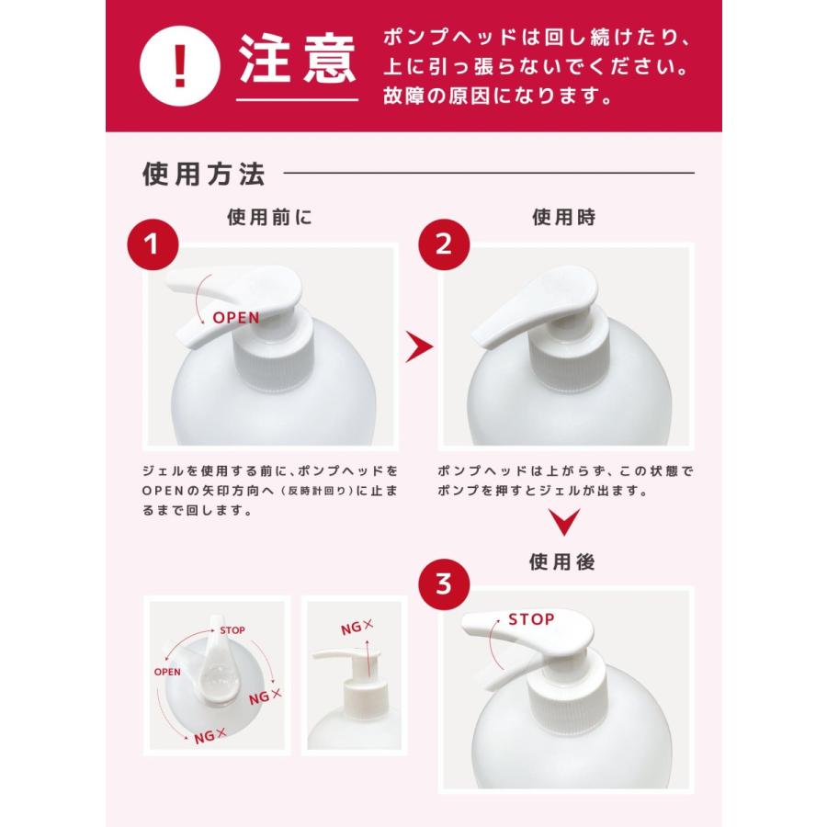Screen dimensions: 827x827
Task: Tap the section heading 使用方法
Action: tap(203, 174)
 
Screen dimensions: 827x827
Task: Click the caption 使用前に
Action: tap(269, 217)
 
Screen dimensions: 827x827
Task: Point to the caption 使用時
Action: tap(563, 217)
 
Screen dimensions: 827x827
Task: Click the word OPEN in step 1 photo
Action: tap(236, 318)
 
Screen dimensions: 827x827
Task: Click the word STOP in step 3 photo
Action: tap(531, 619)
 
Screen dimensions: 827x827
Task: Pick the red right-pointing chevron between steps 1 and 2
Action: tap(419, 346)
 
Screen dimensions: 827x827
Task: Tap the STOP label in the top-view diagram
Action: tap(232, 630)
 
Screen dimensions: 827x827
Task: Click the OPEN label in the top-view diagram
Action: tap(167, 671)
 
